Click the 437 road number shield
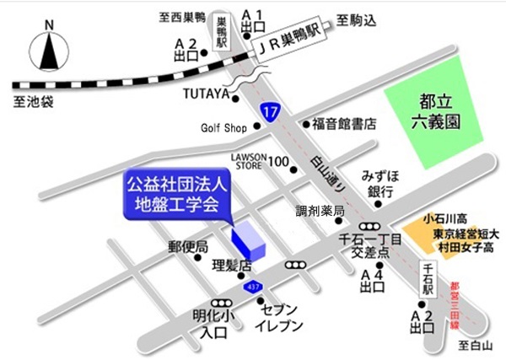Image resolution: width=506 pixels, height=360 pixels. [x=251, y=288]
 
